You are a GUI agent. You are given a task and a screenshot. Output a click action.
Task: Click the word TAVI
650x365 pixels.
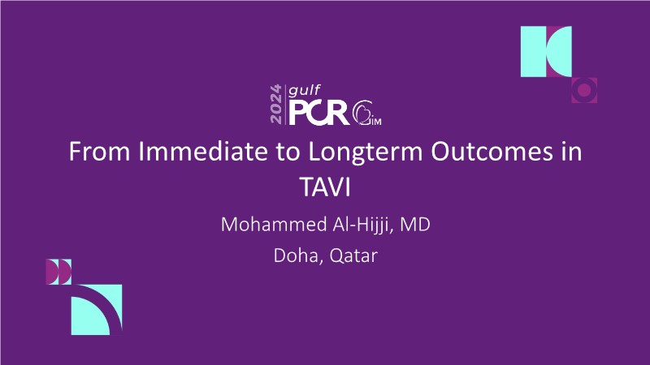click(x=325, y=187)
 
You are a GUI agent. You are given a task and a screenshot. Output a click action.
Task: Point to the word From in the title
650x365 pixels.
click(x=99, y=151)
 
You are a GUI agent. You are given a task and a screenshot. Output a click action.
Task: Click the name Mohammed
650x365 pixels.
click(x=274, y=225)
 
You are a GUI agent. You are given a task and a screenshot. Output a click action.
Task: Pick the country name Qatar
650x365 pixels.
click(x=353, y=256)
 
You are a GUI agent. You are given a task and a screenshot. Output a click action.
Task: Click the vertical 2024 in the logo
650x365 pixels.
click(x=276, y=104)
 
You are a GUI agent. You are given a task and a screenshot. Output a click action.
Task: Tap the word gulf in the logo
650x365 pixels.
click(x=304, y=91)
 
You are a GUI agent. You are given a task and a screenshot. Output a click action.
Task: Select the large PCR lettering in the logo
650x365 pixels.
click(x=318, y=113)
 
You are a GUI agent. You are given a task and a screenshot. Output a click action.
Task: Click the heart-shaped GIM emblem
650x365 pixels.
click(x=366, y=113)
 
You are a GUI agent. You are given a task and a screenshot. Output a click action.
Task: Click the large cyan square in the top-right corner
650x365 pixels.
click(x=546, y=51)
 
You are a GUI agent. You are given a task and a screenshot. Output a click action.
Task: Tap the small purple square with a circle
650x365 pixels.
click(x=584, y=90)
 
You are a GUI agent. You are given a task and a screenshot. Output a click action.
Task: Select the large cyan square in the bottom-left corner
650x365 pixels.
click(x=97, y=310)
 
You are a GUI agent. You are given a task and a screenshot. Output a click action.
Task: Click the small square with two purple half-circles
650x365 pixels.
click(x=58, y=272)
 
